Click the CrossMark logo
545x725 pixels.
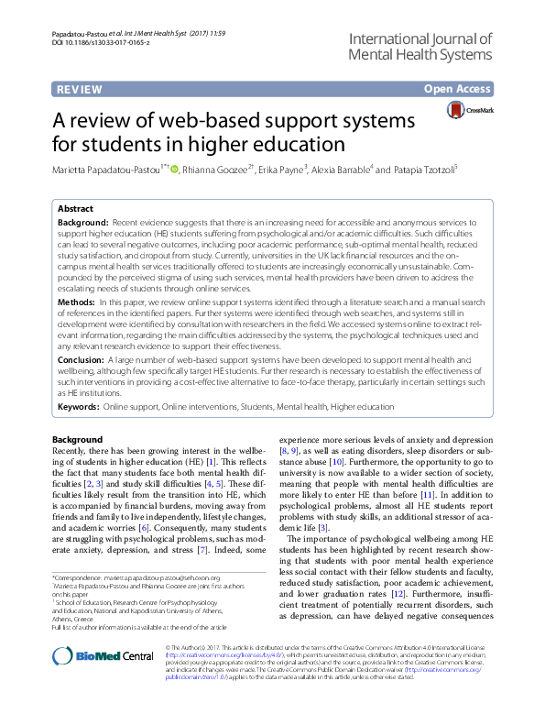click(x=470, y=111)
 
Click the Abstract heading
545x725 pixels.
click(x=75, y=209)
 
